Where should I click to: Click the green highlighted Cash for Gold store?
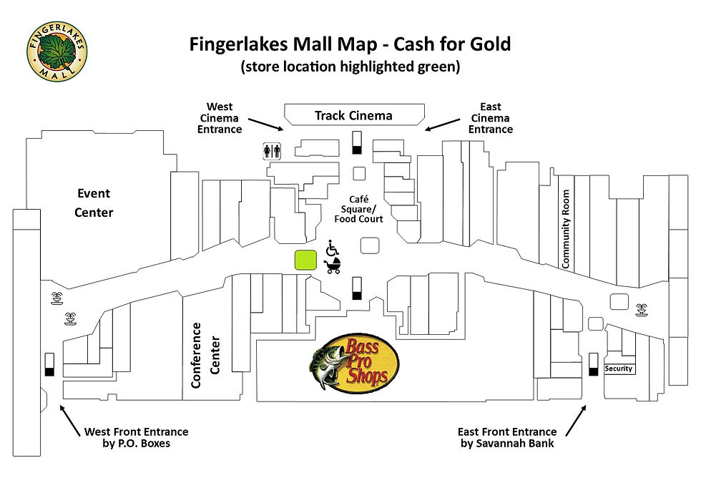[x=305, y=260]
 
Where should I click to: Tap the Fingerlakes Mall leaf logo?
[x=57, y=50]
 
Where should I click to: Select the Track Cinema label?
[x=354, y=115]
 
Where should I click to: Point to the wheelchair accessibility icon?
[x=332, y=248]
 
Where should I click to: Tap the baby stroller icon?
[x=333, y=266]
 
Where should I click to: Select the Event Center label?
[x=94, y=203]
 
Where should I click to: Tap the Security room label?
[x=619, y=369]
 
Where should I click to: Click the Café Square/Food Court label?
[x=358, y=209]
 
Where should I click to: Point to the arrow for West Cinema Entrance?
[x=266, y=122]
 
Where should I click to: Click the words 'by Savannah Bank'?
[x=506, y=444]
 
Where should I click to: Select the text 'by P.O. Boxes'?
[x=136, y=444]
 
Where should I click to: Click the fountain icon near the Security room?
[x=640, y=310]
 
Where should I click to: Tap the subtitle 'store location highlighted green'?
[x=350, y=67]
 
